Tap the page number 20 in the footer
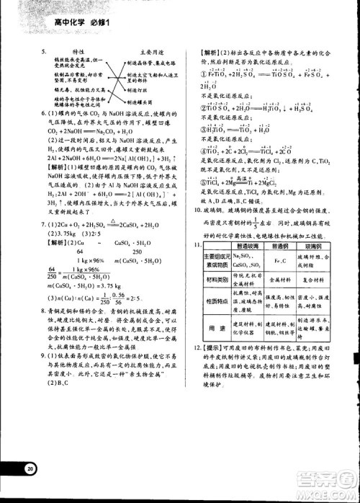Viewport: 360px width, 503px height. click(30, 468)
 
